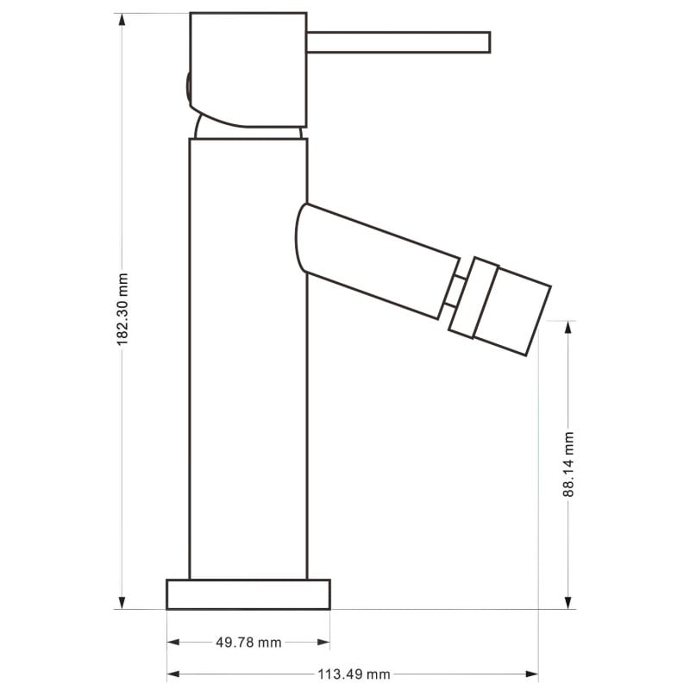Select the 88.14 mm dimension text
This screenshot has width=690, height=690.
point(568,464)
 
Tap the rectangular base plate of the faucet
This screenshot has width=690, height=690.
point(248,594)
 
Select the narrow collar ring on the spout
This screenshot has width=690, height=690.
point(474,297)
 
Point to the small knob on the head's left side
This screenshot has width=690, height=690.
point(187,89)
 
